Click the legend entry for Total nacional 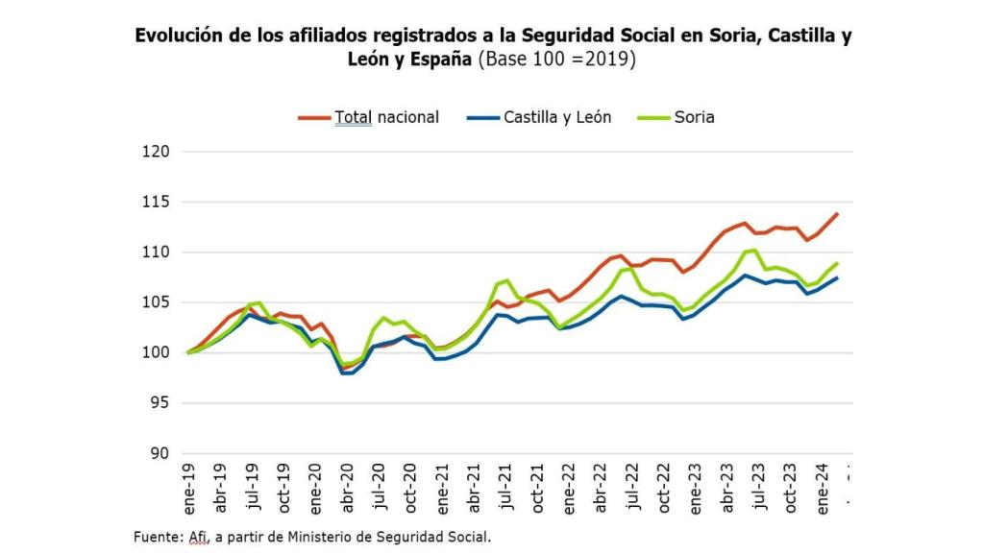click(x=386, y=117)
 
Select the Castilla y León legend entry click(x=557, y=117)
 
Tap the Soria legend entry click(x=694, y=117)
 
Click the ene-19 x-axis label click(x=189, y=491)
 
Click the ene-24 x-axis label click(x=824, y=491)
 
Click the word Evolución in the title click(x=180, y=36)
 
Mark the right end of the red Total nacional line click(x=837, y=214)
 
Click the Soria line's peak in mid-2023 click(x=755, y=251)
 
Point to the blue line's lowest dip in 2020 click(x=348, y=373)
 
